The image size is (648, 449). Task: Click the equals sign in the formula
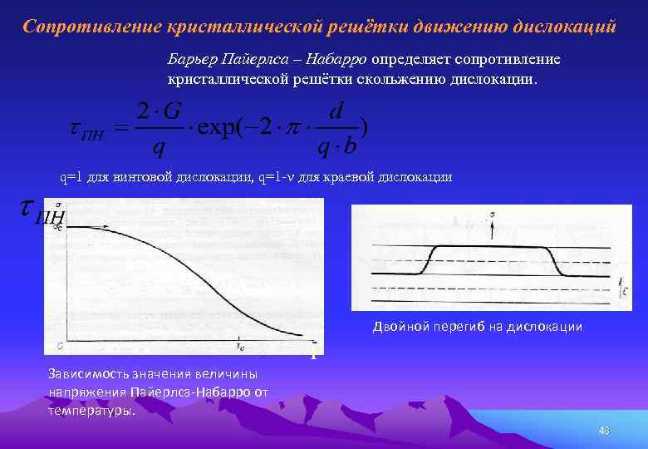(121, 129)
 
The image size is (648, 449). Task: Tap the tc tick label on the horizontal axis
(240, 342)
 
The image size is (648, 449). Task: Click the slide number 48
(604, 430)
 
